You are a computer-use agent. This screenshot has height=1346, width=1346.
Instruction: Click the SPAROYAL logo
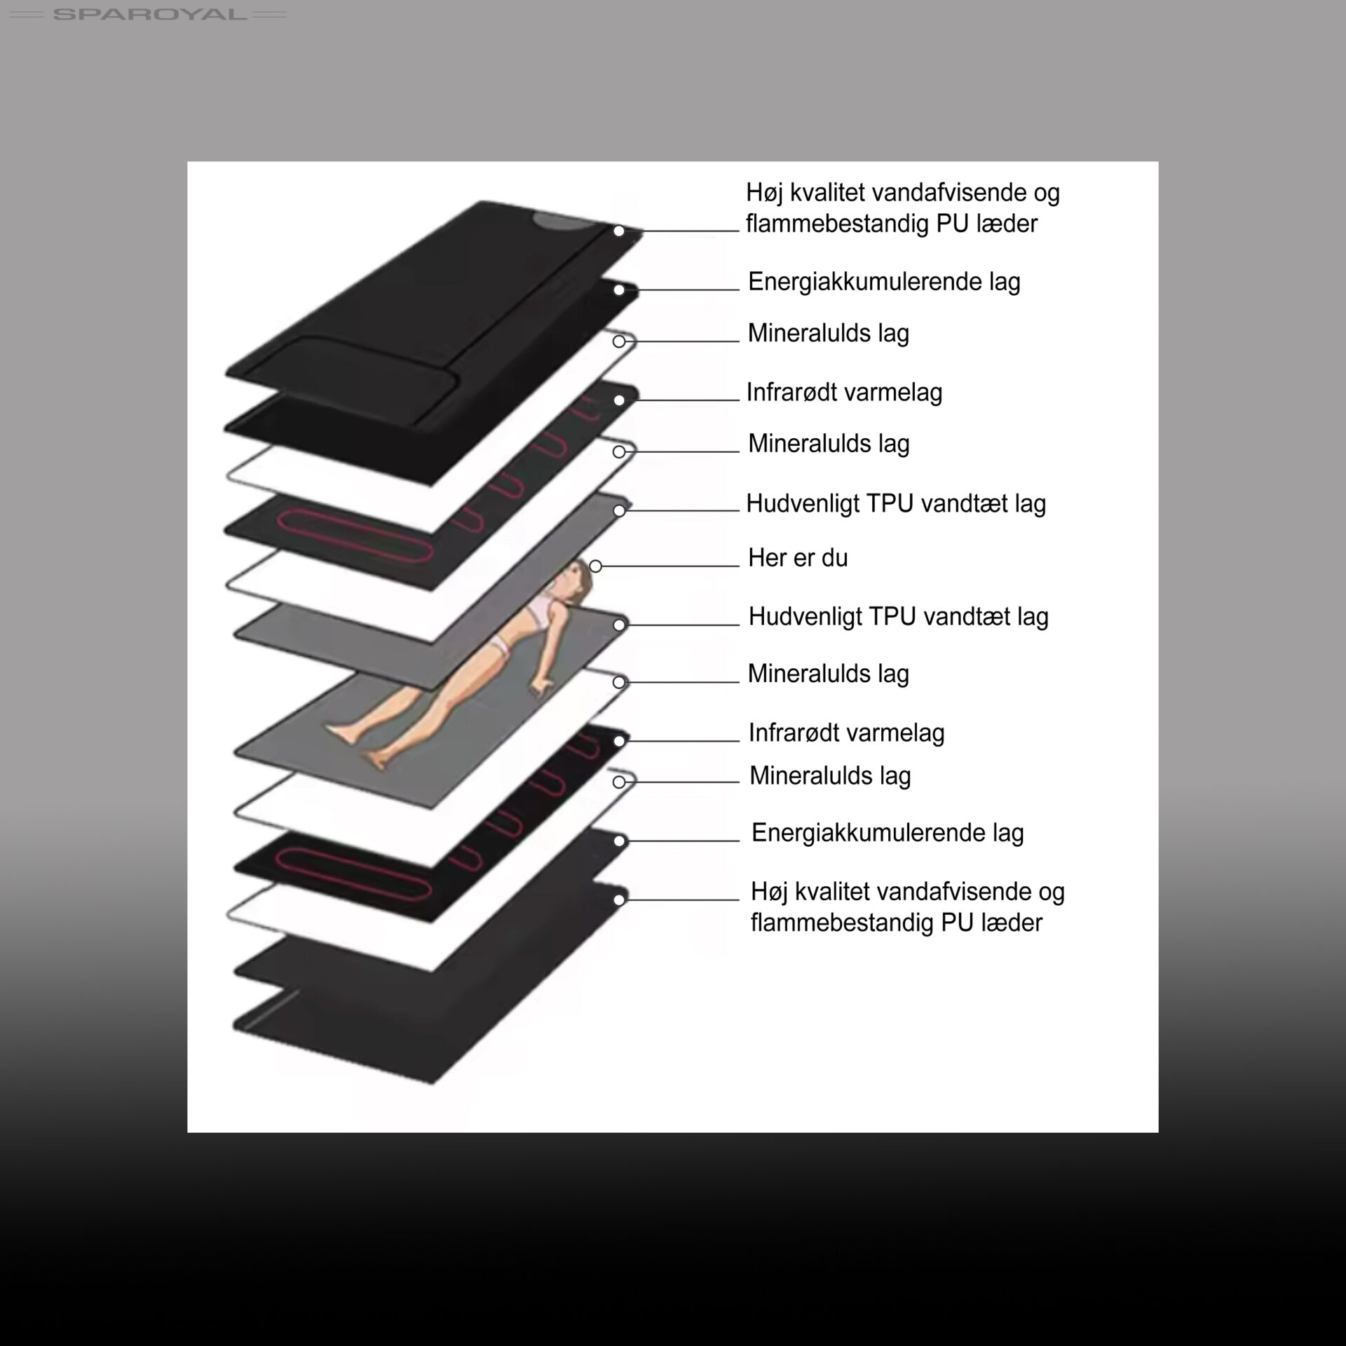click(149, 14)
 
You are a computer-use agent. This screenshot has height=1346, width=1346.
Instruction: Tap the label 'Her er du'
click(798, 558)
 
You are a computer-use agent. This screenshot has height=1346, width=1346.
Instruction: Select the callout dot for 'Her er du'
click(595, 566)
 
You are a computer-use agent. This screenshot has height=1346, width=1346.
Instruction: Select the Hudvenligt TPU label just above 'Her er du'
click(896, 503)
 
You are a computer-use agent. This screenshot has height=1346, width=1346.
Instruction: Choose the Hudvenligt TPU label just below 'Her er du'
click(899, 617)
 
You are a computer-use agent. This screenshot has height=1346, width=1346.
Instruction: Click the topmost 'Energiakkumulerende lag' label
click(884, 282)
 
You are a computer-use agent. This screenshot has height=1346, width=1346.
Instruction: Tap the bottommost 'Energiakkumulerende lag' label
click(888, 833)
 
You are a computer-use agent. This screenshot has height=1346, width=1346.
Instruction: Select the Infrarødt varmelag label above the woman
click(844, 393)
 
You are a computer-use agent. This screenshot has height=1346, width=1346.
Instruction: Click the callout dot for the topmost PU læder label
click(619, 231)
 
